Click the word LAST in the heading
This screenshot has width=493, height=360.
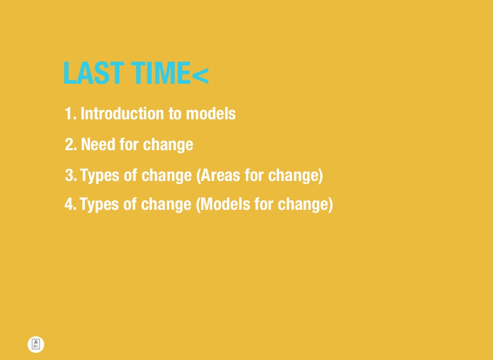point(93,73)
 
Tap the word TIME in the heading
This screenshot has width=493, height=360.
point(161,73)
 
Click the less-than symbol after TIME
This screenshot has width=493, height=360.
point(200,76)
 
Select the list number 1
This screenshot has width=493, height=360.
point(70,114)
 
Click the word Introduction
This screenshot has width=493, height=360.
point(122,114)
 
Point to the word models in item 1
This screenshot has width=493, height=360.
point(211,114)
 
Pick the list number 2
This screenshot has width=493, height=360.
point(71,144)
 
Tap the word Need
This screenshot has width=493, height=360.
point(98,144)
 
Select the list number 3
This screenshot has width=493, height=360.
point(71,175)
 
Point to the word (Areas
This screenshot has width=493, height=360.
point(218,176)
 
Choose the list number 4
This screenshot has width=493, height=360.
point(70,204)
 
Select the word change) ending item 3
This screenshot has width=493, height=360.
point(296,176)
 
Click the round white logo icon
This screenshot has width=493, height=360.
point(36,344)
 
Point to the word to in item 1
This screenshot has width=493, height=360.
point(175,114)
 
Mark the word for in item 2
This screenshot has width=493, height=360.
point(129,144)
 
